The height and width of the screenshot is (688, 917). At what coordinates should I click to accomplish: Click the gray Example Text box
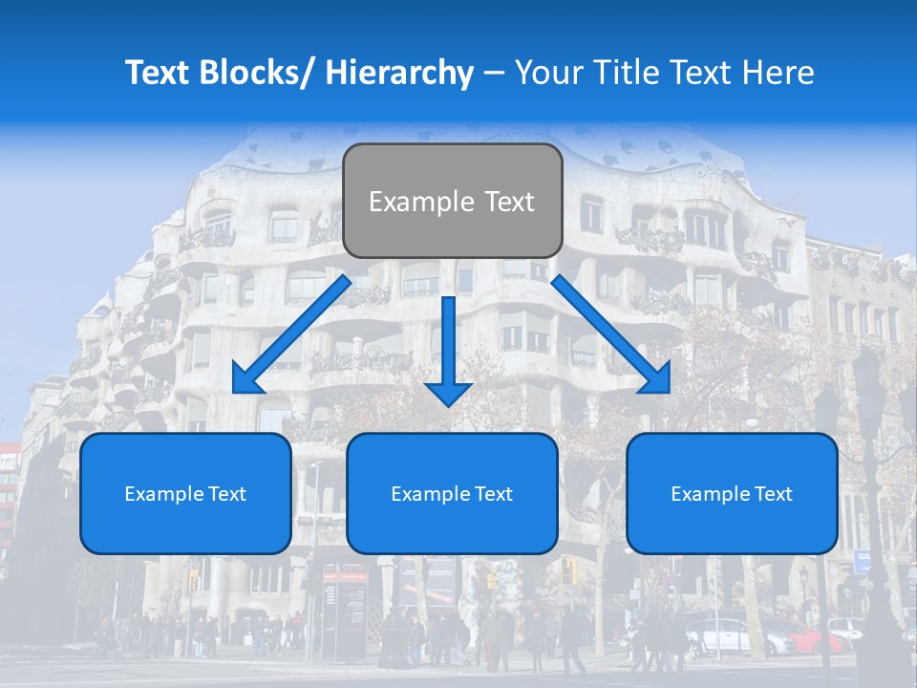(452, 201)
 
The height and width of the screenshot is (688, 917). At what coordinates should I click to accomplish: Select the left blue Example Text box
(185, 493)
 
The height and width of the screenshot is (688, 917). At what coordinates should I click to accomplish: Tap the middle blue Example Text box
(452, 493)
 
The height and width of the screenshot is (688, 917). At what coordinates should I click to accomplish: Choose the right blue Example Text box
(732, 493)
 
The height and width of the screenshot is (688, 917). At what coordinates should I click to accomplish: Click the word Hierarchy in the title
(399, 73)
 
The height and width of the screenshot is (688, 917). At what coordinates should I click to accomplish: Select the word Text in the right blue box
(772, 494)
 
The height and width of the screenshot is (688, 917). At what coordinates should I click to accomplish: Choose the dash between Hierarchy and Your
(494, 73)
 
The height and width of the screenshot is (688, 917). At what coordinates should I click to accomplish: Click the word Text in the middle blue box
(492, 494)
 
